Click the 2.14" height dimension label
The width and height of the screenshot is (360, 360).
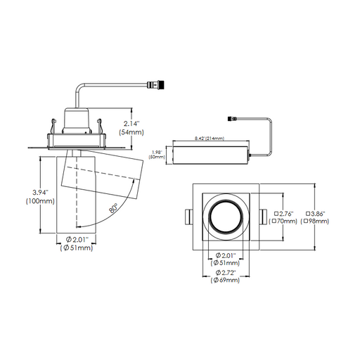131,123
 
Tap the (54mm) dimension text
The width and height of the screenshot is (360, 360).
131,132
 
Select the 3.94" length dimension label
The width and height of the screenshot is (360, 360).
40,193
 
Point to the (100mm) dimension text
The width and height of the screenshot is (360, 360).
40,201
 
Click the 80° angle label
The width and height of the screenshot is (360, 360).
113,208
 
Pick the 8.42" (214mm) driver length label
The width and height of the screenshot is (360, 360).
210,139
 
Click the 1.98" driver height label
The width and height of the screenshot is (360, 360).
157,153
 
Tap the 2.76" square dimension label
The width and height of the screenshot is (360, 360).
283,214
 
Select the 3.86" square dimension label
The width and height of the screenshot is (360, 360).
316,214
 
